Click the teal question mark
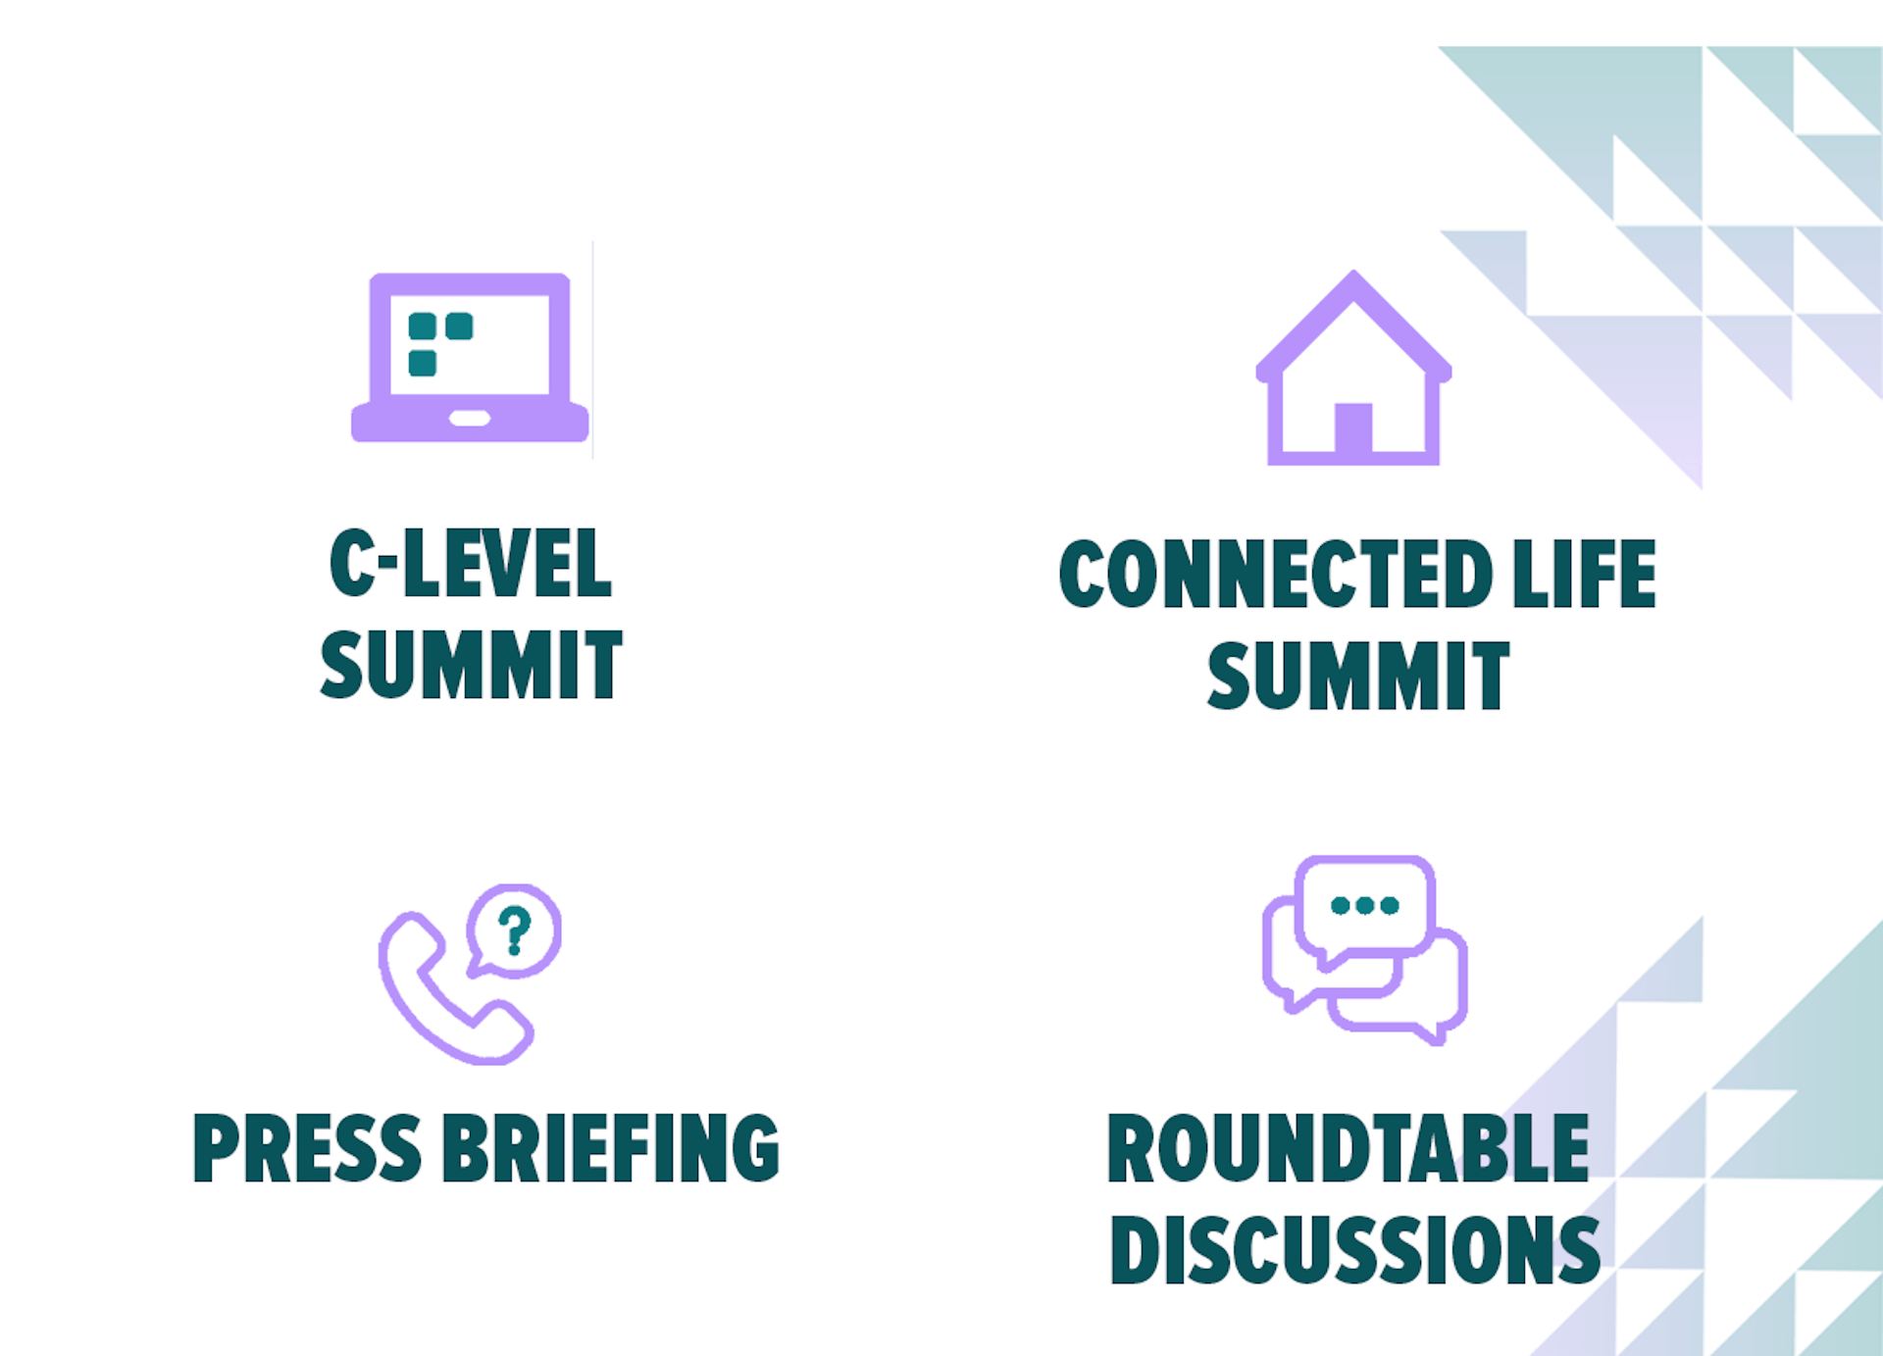point(515,930)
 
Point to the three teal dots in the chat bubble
point(1364,905)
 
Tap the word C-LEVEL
point(471,562)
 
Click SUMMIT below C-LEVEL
point(471,665)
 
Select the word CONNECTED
point(1276,574)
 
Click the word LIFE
point(1584,574)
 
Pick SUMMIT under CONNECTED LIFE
point(1358,676)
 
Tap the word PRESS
point(307,1148)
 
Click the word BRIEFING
point(611,1148)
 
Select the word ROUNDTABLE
point(1348,1148)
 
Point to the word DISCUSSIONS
point(1354,1249)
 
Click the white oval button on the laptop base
point(470,419)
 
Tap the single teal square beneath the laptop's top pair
point(423,363)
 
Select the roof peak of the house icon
point(1354,273)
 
